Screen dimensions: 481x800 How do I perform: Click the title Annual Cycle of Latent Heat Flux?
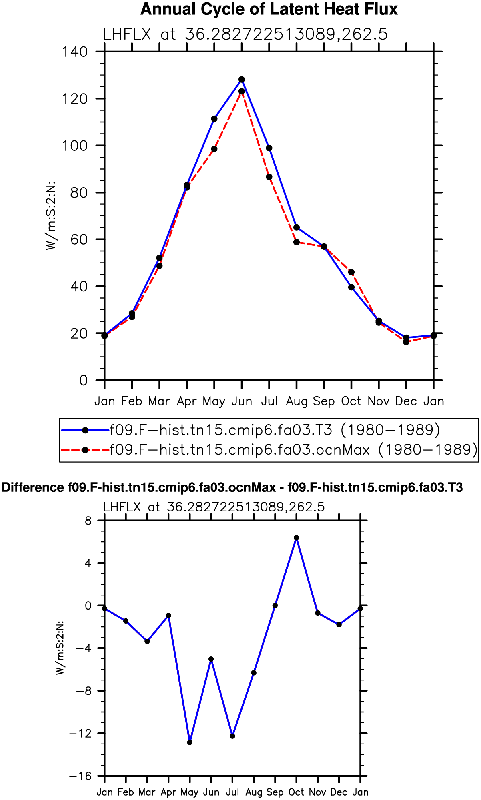click(x=269, y=9)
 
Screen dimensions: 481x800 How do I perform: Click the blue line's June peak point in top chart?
click(x=242, y=80)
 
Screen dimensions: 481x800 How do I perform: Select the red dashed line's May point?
click(x=214, y=149)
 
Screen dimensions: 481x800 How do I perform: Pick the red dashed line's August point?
click(x=297, y=242)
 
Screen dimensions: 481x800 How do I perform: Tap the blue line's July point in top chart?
click(x=269, y=148)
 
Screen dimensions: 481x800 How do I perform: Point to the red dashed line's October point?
click(x=351, y=272)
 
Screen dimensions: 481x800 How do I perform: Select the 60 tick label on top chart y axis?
click(x=79, y=239)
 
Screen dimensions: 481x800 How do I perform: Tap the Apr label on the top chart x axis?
click(x=187, y=401)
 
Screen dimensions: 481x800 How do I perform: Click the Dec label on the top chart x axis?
click(x=406, y=401)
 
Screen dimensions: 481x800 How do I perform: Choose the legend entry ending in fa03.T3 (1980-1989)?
click(x=251, y=430)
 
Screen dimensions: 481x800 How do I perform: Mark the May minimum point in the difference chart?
click(x=190, y=742)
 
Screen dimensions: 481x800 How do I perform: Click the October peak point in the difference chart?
click(x=297, y=538)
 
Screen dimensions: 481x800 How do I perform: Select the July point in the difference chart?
click(x=232, y=736)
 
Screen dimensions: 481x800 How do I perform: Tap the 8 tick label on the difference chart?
click(x=88, y=521)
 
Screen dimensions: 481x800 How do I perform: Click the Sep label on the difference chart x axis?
click(x=275, y=792)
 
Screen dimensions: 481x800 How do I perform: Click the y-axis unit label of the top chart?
click(x=51, y=216)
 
